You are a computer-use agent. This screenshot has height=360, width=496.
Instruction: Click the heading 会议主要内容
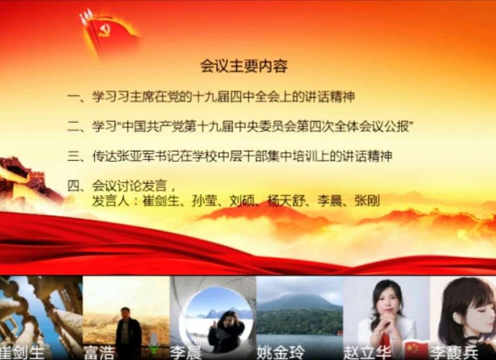(244, 66)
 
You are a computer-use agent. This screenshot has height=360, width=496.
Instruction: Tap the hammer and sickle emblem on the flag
(104, 31)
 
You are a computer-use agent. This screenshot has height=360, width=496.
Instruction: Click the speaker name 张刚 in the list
(367, 201)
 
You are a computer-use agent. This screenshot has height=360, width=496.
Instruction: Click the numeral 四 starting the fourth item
(73, 186)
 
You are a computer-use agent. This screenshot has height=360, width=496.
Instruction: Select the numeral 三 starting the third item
(73, 156)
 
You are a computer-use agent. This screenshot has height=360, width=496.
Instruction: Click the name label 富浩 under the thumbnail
(99, 353)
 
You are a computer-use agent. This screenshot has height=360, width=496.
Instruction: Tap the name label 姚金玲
(280, 353)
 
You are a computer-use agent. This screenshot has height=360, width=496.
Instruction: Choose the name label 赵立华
(367, 353)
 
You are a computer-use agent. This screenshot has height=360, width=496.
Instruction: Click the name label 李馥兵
(454, 353)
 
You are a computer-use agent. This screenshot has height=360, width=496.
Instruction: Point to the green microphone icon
(154, 344)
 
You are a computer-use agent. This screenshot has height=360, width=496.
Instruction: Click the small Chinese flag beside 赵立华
(417, 350)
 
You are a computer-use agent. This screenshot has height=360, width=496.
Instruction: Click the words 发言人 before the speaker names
(111, 201)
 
